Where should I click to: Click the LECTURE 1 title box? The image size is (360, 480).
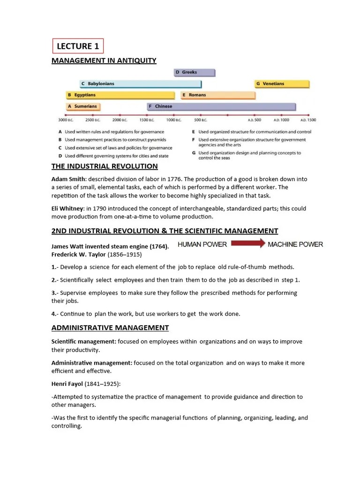77,46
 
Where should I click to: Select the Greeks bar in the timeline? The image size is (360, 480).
194,72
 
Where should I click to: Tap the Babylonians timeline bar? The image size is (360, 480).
140,83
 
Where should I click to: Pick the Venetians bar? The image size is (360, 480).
282,83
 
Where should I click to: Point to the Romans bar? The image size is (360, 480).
218,95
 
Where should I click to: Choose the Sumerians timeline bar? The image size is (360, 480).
83,106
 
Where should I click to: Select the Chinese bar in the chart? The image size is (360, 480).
221,106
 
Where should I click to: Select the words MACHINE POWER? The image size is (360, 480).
295,244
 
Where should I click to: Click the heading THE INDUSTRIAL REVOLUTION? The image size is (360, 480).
105,166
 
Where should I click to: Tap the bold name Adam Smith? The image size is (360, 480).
68,179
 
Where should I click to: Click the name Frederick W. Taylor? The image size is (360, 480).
79,255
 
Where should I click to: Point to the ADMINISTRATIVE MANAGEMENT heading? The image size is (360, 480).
110,328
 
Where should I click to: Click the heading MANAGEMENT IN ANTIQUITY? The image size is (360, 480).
104,60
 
